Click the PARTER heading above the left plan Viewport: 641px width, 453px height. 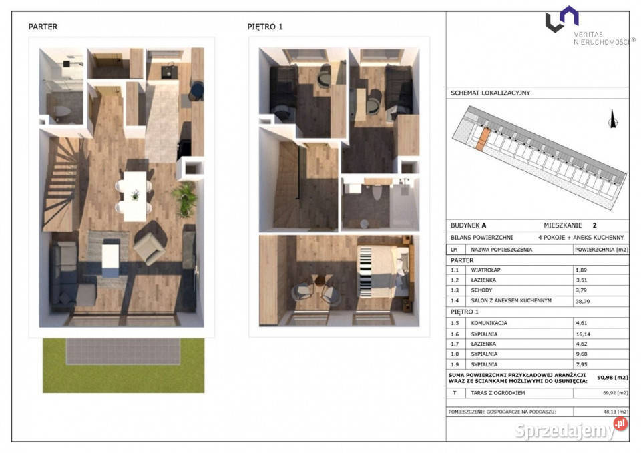pos(43,27)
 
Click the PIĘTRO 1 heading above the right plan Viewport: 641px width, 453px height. pos(265,27)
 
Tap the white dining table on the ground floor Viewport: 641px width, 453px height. pos(135,196)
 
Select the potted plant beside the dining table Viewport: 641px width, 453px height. pos(186,199)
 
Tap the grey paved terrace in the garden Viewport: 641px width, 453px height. pos(123,352)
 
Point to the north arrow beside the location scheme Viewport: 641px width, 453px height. pos(612,119)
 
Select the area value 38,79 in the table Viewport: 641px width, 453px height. pos(582,301)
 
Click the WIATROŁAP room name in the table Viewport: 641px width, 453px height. pos(485,270)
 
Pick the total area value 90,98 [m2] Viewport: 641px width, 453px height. pos(612,378)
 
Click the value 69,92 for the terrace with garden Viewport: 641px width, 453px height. pos(609,393)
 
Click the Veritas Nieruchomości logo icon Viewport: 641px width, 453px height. pos(562,19)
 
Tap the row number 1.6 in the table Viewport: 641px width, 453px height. pos(455,334)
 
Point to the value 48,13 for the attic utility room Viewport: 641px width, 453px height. pos(610,412)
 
